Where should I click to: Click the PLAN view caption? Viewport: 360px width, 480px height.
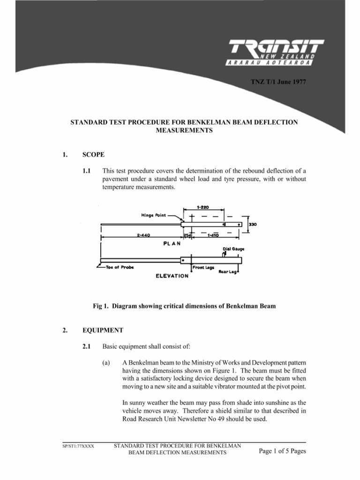point(172,244)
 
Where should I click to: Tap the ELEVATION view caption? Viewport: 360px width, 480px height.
point(172,276)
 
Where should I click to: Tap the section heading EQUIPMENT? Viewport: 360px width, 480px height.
point(102,330)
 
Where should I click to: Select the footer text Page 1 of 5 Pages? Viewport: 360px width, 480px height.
point(282,451)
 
